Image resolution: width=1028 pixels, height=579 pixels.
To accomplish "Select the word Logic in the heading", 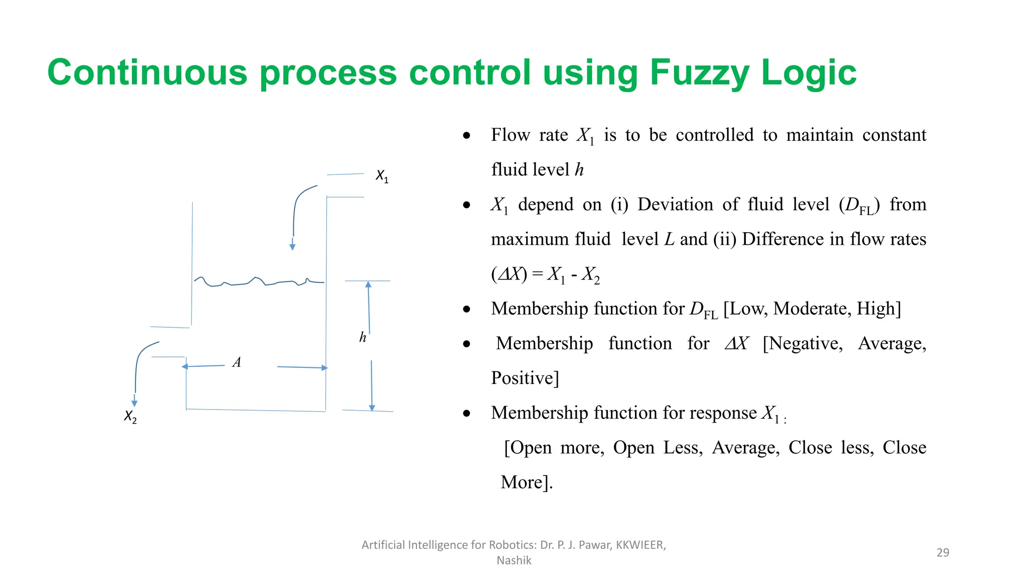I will point(809,73).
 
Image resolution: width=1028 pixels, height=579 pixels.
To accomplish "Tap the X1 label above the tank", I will point(382,176).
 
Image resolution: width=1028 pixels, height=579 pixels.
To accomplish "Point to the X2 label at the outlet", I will point(130,416).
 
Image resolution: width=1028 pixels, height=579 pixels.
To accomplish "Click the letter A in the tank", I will point(237,362).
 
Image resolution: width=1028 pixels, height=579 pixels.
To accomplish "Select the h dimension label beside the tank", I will point(363,337).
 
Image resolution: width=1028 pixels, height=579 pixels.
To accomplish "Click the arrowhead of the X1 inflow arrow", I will point(292,247).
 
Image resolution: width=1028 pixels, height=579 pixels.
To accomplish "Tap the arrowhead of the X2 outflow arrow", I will point(134,403).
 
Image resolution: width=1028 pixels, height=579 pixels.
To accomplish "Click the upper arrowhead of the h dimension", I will point(368,284).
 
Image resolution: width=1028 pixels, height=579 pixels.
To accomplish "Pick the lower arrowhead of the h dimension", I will point(372,408).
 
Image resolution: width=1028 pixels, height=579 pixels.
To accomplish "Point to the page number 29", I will point(943,552).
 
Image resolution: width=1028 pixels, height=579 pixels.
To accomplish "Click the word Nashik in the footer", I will point(513,560).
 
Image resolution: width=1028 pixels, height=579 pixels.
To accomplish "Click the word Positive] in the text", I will point(525,378).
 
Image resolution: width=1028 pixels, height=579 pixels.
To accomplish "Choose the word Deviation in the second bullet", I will point(675,205).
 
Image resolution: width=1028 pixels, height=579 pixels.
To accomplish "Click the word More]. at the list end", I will point(527,482).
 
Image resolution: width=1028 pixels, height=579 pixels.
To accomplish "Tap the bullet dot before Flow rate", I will point(467,136).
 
